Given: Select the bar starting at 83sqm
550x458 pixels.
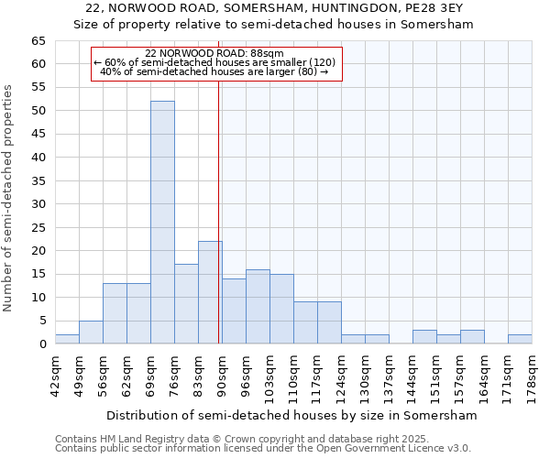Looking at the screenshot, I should point(210,292).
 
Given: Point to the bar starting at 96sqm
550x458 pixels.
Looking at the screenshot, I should point(258,307).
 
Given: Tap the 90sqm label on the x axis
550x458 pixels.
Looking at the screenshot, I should point(222,374).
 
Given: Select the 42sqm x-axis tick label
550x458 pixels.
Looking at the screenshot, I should point(55,374).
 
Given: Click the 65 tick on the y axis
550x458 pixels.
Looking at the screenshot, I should point(38,41).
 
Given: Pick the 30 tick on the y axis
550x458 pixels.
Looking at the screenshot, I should point(38,204).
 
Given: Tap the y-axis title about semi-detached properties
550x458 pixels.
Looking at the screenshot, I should point(8,198).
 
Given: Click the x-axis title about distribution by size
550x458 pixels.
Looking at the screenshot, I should point(291,415).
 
